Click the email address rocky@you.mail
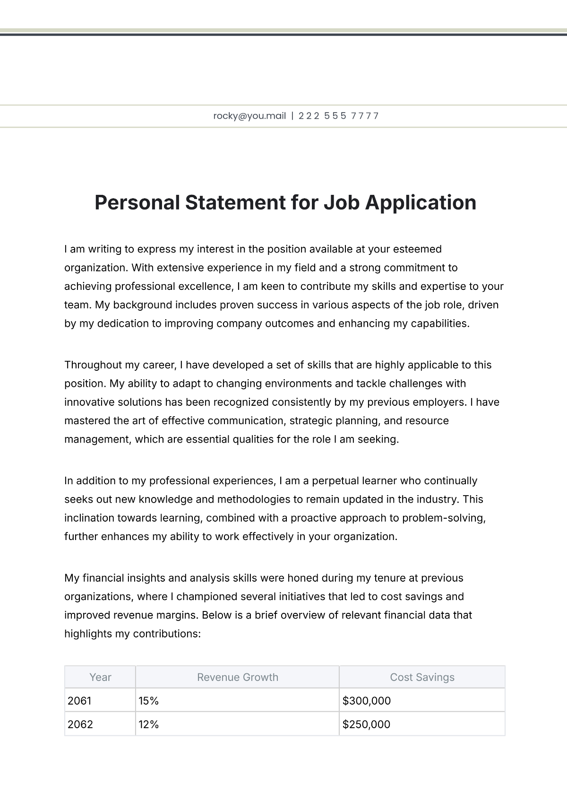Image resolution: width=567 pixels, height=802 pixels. [249, 116]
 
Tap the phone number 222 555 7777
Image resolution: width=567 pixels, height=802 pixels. [338, 116]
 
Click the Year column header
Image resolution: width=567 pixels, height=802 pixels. [100, 677]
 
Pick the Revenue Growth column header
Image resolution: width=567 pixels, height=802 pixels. [237, 677]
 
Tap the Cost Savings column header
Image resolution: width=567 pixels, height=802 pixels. [422, 677]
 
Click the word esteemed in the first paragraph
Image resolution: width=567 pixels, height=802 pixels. [420, 249]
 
